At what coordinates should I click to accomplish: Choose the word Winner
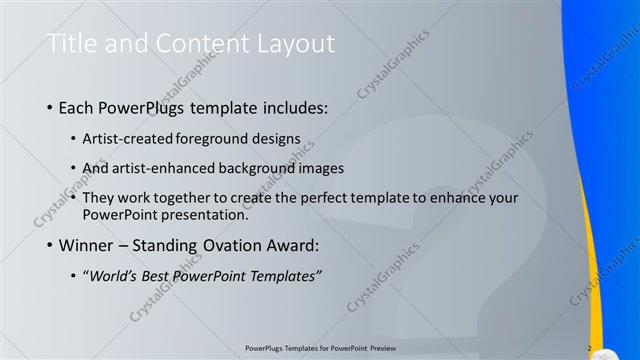pos(89,245)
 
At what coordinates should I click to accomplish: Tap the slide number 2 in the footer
pos(589,348)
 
